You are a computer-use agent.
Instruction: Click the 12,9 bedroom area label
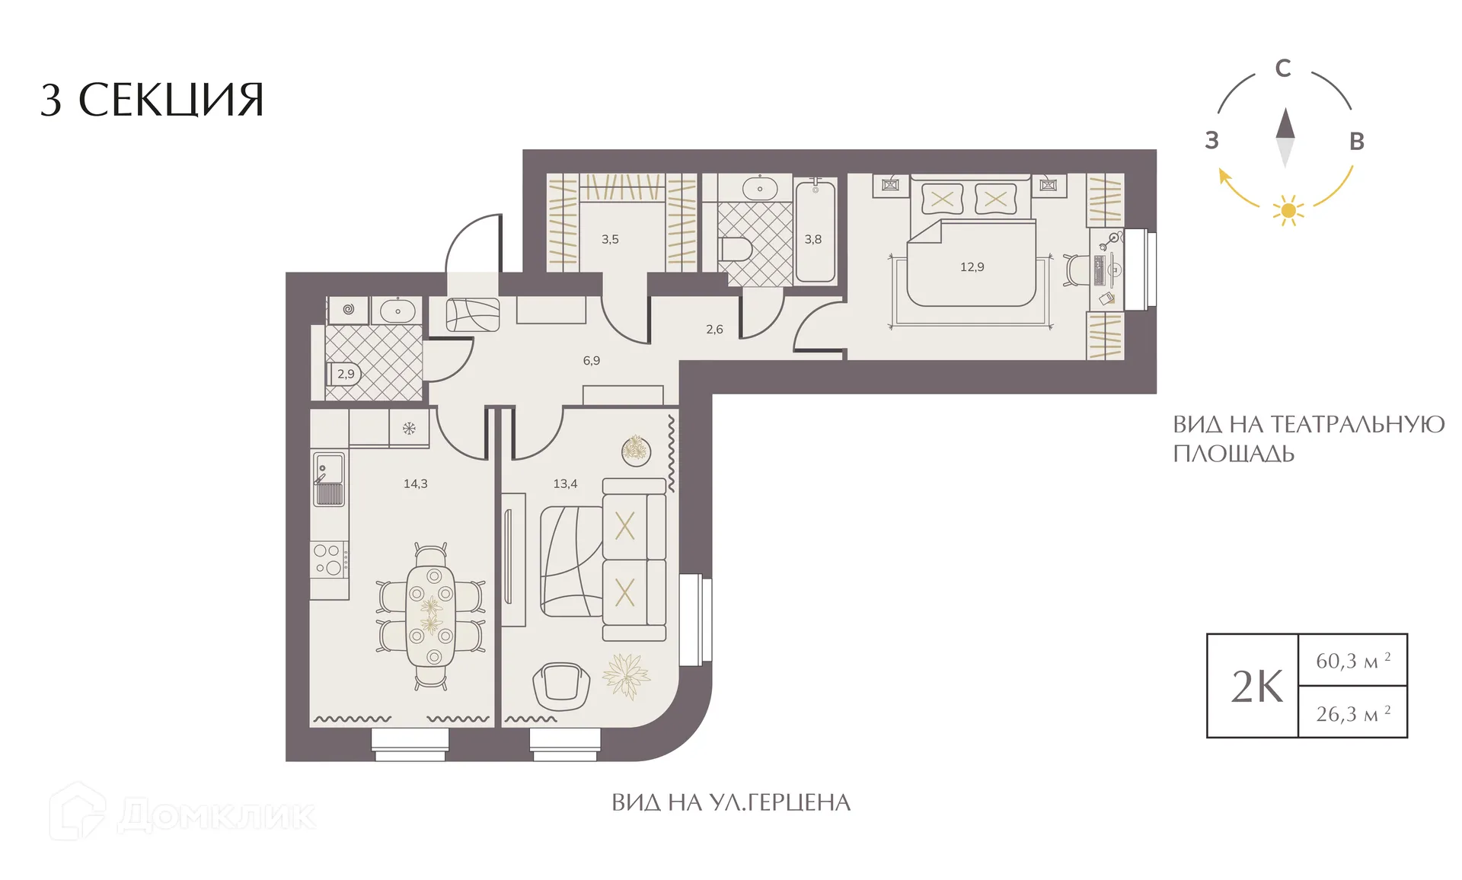(972, 267)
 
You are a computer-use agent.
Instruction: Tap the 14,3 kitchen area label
(415, 483)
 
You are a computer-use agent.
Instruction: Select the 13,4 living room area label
(565, 483)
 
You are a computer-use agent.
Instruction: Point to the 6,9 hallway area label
(592, 361)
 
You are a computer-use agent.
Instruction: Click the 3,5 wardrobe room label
(610, 239)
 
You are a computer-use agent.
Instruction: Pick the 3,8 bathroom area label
(813, 239)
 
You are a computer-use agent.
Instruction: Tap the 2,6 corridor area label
(714, 330)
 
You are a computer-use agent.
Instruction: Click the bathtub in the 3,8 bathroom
(816, 231)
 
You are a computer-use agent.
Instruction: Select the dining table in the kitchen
(430, 615)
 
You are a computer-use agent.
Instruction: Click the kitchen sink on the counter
(329, 479)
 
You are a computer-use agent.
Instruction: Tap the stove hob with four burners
(330, 560)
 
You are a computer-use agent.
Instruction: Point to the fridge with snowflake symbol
(409, 428)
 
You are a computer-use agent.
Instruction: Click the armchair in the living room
(562, 685)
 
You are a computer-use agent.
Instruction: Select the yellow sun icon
(1288, 210)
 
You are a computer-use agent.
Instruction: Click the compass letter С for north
(1283, 69)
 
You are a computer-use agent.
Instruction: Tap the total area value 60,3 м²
(1353, 660)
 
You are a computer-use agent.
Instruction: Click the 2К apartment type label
(1257, 687)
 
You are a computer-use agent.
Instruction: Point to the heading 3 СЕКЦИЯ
(152, 100)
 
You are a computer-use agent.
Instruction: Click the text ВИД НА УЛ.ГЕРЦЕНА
(731, 802)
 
